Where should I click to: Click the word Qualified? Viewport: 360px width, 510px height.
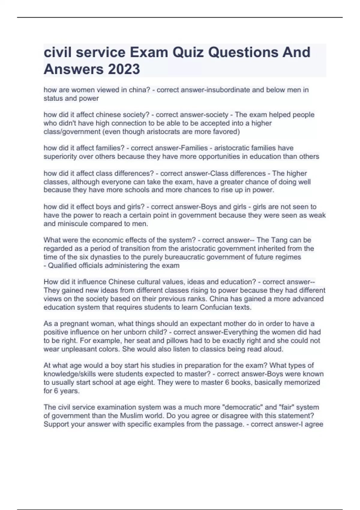pos(62,265)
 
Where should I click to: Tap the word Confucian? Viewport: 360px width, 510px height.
pos(216,307)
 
